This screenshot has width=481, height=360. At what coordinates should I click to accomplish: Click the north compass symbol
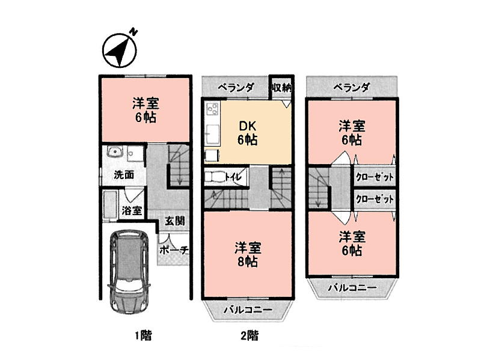pyautogui.click(x=120, y=50)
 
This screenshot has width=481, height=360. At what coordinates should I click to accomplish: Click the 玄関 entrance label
pyautogui.click(x=174, y=221)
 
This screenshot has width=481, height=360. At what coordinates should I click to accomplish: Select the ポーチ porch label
pyautogui.click(x=174, y=251)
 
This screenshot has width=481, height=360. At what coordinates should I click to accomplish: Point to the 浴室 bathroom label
pyautogui.click(x=132, y=210)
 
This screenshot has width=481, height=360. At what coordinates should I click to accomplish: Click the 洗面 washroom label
pyautogui.click(x=124, y=175)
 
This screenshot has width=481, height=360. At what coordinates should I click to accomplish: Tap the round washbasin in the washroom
pyautogui.click(x=115, y=152)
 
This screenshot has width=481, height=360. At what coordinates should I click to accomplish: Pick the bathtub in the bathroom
pyautogui.click(x=109, y=206)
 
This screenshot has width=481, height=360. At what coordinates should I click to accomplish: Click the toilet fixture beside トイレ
pyautogui.click(x=215, y=177)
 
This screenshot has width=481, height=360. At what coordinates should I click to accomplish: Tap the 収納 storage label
pyautogui.click(x=281, y=88)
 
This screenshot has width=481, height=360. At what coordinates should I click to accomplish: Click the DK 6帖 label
pyautogui.click(x=247, y=133)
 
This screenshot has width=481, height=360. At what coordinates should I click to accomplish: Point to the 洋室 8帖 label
pyautogui.click(x=248, y=254)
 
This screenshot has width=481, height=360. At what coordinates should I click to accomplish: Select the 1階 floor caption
pyautogui.click(x=143, y=335)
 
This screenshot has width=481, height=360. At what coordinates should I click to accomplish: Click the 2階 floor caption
pyautogui.click(x=249, y=335)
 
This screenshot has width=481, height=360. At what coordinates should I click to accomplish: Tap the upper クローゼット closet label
pyautogui.click(x=375, y=177)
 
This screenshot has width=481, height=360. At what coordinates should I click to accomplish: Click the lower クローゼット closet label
pyautogui.click(x=375, y=200)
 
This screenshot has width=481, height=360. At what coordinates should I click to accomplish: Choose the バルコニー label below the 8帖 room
pyautogui.click(x=248, y=310)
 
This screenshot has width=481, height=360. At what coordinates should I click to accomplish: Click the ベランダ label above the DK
pyautogui.click(x=236, y=88)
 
